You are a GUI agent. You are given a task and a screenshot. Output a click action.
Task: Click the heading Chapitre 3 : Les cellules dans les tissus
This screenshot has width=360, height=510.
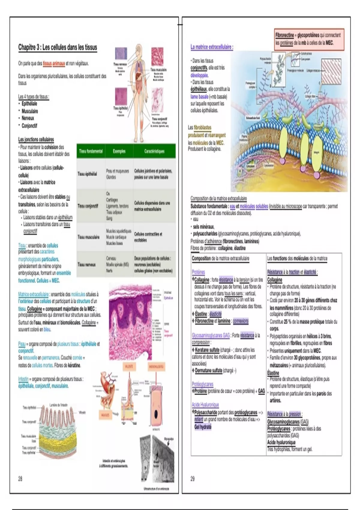58,47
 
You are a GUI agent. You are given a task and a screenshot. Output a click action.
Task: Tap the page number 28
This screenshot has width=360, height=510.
20,478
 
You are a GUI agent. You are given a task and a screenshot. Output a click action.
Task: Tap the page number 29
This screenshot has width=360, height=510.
193,478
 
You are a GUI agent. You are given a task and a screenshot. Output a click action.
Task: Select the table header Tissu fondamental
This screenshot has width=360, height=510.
91,151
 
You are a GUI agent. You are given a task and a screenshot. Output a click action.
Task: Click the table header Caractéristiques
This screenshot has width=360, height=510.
154,151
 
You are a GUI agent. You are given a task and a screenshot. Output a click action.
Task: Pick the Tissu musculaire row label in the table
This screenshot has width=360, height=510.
88,237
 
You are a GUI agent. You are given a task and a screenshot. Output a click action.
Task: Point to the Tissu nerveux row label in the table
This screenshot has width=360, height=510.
87,265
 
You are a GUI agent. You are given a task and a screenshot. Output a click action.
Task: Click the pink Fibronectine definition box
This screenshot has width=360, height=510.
309,39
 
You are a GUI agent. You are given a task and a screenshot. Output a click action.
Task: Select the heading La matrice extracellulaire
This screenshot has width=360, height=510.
212,47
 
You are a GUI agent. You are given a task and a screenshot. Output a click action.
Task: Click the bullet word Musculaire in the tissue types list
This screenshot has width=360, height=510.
30,111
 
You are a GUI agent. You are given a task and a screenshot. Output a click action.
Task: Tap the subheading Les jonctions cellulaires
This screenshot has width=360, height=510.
36,139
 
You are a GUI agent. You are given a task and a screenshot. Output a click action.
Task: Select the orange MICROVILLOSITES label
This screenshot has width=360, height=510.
156,366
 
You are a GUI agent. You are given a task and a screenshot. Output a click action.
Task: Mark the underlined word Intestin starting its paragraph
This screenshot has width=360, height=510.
23,379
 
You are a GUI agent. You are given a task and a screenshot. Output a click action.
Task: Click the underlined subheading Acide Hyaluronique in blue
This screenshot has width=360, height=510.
205,405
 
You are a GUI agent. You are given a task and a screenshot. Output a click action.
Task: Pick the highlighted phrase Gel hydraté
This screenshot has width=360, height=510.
203,427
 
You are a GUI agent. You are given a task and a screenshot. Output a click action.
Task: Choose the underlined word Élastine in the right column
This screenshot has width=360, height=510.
273,373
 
